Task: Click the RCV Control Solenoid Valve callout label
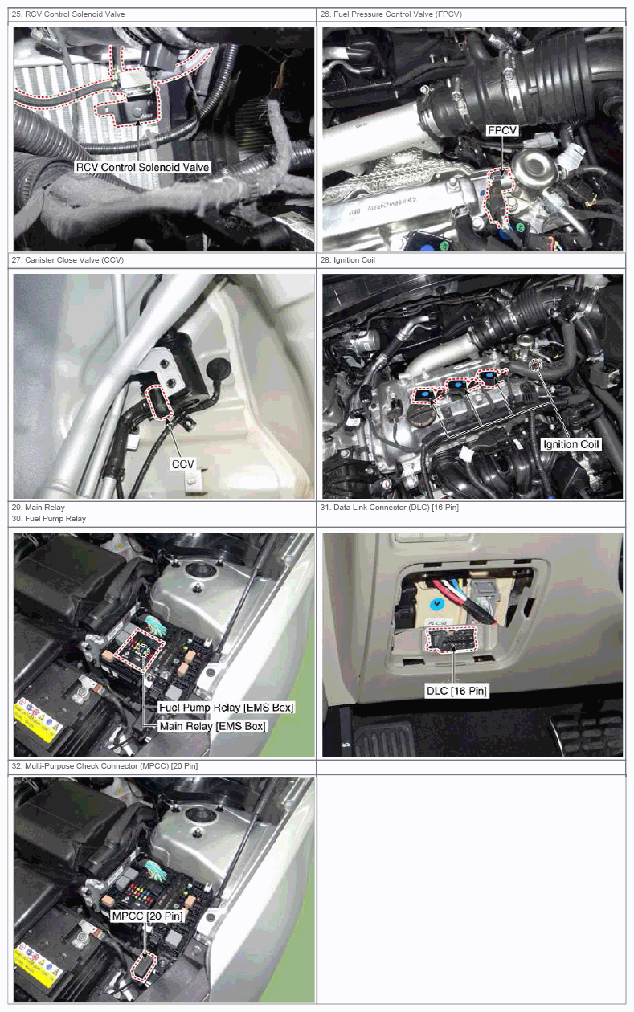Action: click(x=142, y=167)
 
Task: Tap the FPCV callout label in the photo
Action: click(x=502, y=130)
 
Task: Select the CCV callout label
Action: click(x=182, y=464)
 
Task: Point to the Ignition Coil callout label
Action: click(x=571, y=444)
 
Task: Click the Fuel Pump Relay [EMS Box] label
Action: click(x=226, y=707)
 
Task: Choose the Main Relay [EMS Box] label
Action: click(x=212, y=726)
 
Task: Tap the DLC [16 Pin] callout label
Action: click(x=456, y=691)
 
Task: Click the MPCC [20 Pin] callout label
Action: click(x=147, y=916)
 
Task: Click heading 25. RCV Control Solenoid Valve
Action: click(x=68, y=14)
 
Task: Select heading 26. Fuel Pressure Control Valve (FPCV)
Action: click(x=391, y=14)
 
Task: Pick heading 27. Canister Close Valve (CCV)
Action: click(x=67, y=260)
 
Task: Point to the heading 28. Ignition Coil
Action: click(x=347, y=260)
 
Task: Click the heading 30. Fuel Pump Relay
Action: click(x=49, y=519)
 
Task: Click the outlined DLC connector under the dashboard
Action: click(x=451, y=639)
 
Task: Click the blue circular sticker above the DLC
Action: click(x=436, y=602)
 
